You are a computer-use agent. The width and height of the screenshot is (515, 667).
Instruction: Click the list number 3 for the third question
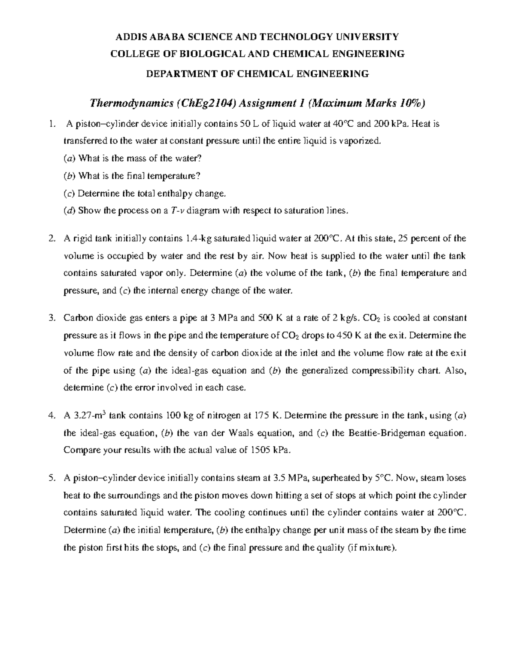(x=51, y=318)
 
